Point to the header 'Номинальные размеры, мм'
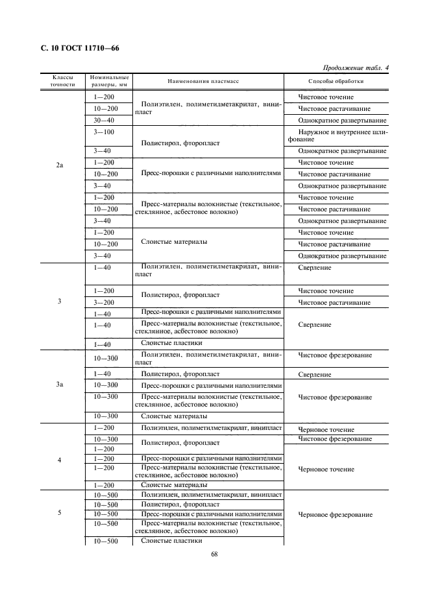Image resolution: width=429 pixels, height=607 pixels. pos(109,81)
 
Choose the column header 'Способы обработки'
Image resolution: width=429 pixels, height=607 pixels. pos(336,82)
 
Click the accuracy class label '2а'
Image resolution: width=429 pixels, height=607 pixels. pos(59,166)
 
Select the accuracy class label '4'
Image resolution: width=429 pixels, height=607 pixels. pos(59,460)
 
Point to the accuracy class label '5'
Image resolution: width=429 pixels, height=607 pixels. pos(59,512)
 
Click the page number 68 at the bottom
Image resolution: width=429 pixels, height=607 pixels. pos(214,554)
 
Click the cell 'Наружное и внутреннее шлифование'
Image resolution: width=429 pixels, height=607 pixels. pos(335,136)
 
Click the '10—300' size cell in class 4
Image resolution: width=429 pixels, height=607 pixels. pos(106,440)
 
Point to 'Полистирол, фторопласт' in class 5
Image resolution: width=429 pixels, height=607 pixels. pos(171,504)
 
